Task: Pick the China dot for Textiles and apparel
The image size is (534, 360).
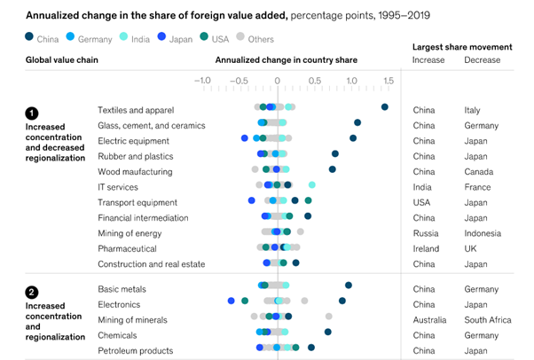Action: coord(385,107)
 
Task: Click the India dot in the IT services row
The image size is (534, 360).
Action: coord(312,184)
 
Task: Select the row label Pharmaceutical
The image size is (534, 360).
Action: coord(127,248)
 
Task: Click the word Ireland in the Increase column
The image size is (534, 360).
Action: coord(426,248)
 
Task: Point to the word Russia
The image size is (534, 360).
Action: coord(426,233)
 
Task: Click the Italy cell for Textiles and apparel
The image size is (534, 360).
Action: coord(472,110)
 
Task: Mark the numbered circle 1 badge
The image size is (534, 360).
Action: coord(32,113)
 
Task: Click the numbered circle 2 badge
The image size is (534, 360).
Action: coord(32,291)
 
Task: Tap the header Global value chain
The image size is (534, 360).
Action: coord(62,60)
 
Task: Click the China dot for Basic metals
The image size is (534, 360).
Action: coord(349,286)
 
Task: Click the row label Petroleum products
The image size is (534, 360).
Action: coord(135,350)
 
